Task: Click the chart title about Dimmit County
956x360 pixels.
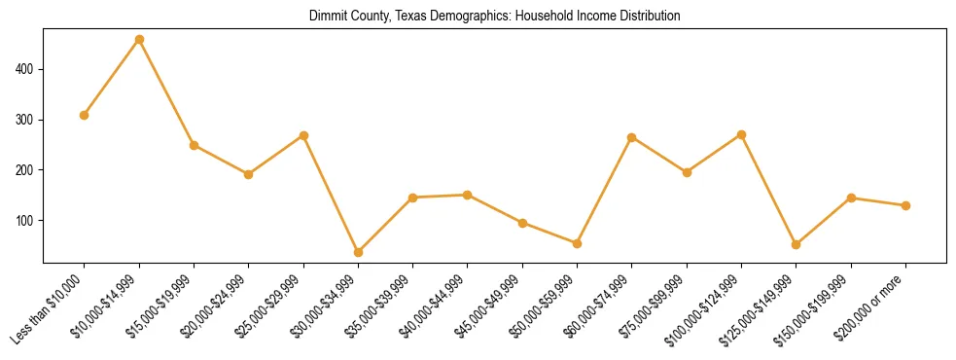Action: coord(494,17)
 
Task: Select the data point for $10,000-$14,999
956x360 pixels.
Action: coord(139,40)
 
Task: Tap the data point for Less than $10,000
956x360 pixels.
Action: coord(85,115)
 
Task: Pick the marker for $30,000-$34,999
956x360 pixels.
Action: coord(358,252)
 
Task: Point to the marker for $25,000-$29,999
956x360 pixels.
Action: coord(303,135)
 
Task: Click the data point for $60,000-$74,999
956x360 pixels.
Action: coord(632,137)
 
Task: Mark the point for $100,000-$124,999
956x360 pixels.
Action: coord(741,134)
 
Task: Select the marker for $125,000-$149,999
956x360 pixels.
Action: coord(796,244)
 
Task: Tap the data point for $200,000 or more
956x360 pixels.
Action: coord(905,205)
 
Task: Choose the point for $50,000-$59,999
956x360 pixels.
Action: coord(577,243)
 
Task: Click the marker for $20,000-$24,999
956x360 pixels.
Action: coord(248,174)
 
